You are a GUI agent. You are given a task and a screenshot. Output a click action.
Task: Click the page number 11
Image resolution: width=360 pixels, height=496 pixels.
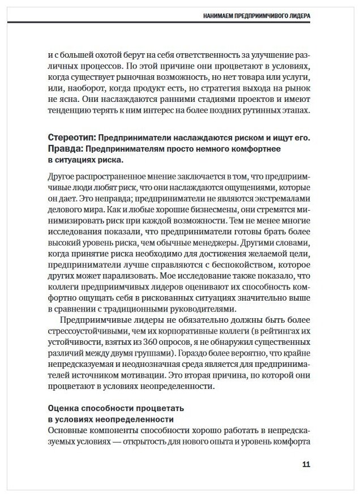306,465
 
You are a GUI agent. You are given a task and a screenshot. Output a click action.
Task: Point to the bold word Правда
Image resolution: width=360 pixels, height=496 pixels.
65,149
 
